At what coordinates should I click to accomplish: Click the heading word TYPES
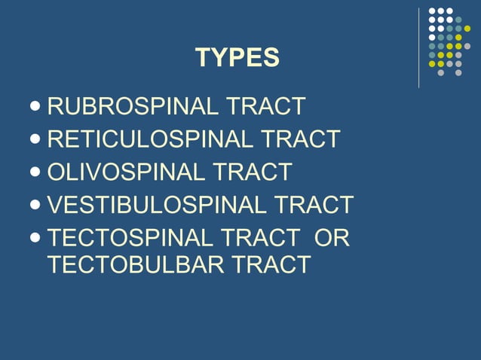coord(237,57)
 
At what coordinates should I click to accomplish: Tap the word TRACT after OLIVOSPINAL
coord(251,172)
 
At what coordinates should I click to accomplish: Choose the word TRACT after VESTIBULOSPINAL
coord(313,204)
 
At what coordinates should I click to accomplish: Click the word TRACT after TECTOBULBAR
coord(271,264)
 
